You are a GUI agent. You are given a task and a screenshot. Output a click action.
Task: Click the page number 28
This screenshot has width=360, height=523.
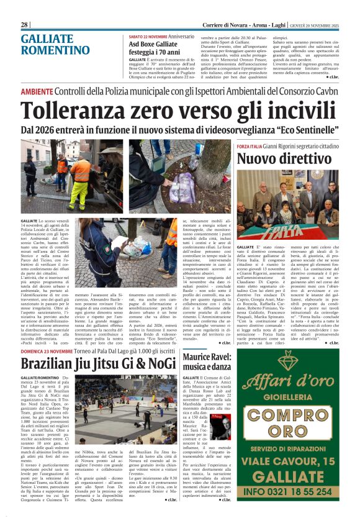(x=25, y=24)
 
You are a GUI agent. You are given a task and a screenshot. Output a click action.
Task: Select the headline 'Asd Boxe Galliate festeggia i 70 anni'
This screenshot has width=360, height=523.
(x=153, y=48)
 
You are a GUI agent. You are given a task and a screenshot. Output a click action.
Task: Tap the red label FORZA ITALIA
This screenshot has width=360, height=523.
(x=251, y=145)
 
